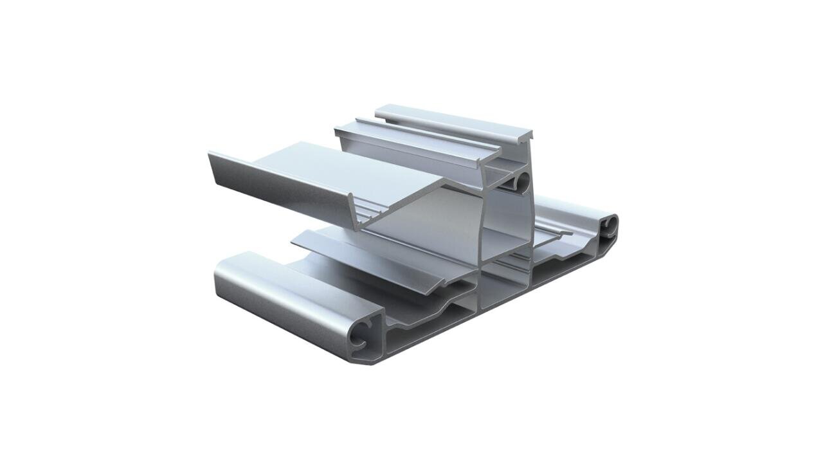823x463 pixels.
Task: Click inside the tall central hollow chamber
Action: [x=505, y=225]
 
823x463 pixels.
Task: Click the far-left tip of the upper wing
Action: [x=210, y=154]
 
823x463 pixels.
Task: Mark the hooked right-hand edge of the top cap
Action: [x=531, y=135]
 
